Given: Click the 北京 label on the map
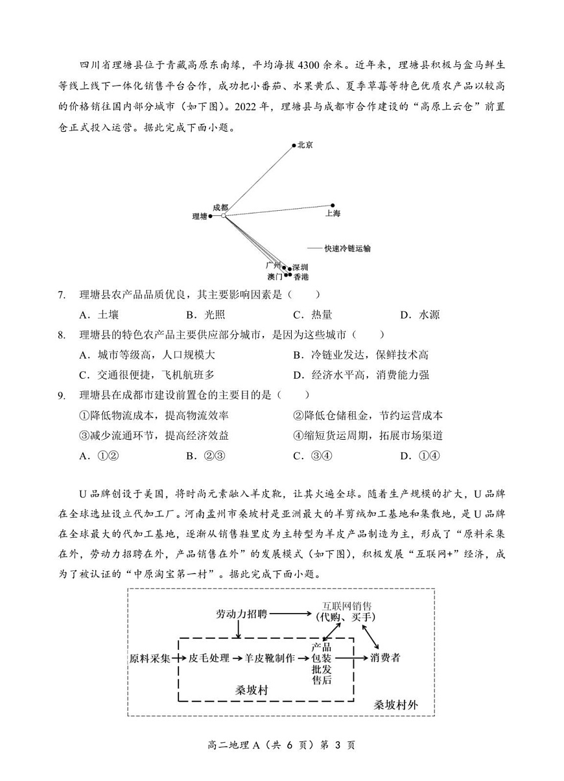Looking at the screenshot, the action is tap(305, 145).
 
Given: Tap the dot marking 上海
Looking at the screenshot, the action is tap(333, 205).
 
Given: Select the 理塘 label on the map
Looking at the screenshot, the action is tap(200, 216).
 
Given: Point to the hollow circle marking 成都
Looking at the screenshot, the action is tap(224, 215).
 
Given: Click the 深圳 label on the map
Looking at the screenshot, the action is tap(300, 267).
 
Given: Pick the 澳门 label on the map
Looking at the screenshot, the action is tap(275, 276).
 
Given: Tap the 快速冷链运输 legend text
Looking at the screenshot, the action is tap(347, 248).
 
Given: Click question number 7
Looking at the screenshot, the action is tap(62, 295).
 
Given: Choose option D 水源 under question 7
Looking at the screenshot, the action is tap(419, 315).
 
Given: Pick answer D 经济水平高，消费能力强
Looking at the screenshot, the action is tap(361, 375).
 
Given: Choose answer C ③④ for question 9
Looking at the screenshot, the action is tap(313, 456).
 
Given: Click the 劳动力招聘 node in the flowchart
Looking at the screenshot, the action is tap(241, 613).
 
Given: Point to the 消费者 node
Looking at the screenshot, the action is tap(386, 658).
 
